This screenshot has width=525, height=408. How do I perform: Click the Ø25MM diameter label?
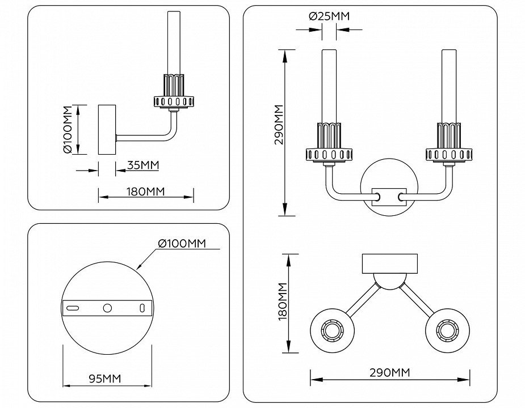329,16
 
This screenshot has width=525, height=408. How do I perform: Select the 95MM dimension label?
106,379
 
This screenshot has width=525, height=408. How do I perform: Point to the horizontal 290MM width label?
389,373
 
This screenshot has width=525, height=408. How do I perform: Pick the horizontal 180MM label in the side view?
146,192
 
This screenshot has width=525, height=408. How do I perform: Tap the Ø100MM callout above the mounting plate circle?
182,244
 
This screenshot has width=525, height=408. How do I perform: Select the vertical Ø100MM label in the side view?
68,130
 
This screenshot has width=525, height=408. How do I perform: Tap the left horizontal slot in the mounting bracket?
73,307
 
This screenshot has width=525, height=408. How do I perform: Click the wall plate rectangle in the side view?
107,130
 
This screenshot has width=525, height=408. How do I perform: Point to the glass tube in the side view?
174,42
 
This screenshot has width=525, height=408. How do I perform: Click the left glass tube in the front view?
329,85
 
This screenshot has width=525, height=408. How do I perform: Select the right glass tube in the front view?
449,85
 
